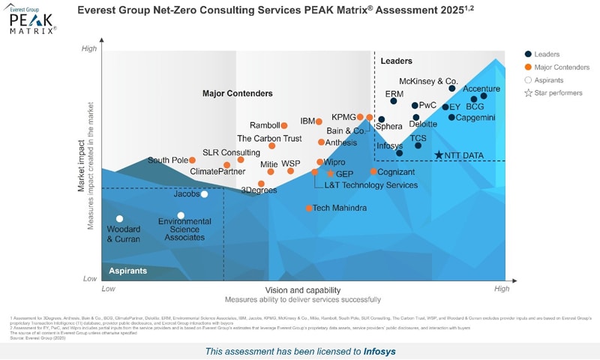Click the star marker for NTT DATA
439,155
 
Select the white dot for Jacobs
204,194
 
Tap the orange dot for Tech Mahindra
309,208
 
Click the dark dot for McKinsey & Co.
451,88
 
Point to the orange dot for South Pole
192,160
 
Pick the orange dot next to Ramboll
284,125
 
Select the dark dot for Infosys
399,153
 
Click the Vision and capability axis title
302,290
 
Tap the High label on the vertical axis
89,49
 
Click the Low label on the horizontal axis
108,289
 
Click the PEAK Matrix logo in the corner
32,20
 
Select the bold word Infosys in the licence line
380,351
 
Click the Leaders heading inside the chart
397,61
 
